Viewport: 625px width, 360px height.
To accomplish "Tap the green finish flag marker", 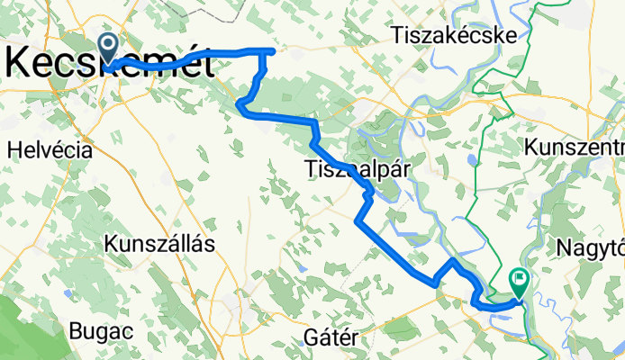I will point(520,282).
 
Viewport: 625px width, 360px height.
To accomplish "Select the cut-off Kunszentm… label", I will point(573,147).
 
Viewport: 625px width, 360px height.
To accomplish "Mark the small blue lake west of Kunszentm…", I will point(472,162).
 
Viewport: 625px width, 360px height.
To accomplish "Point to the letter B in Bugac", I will point(76,330).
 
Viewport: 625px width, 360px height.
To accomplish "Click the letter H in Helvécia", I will point(14,150).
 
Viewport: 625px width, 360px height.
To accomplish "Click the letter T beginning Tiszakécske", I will point(396,35).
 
